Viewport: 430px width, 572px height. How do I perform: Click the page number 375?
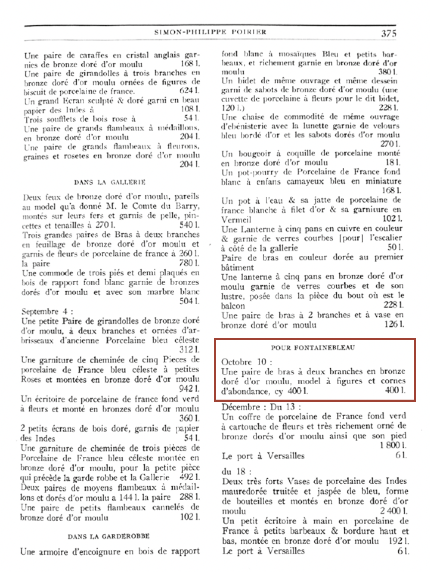[388, 33]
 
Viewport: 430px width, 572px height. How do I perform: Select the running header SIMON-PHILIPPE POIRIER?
[210, 32]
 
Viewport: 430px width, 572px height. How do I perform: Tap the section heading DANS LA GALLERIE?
[110, 182]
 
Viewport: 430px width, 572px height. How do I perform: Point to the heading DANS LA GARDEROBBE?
[109, 536]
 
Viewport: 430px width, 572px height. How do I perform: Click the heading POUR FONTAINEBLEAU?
[313, 348]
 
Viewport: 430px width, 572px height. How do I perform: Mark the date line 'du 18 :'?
[237, 471]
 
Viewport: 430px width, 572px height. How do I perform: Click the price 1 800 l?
[393, 445]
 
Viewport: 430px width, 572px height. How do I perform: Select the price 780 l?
[189, 263]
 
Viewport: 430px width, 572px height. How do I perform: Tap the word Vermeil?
[236, 220]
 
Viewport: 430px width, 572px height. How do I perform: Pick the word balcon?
[233, 306]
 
